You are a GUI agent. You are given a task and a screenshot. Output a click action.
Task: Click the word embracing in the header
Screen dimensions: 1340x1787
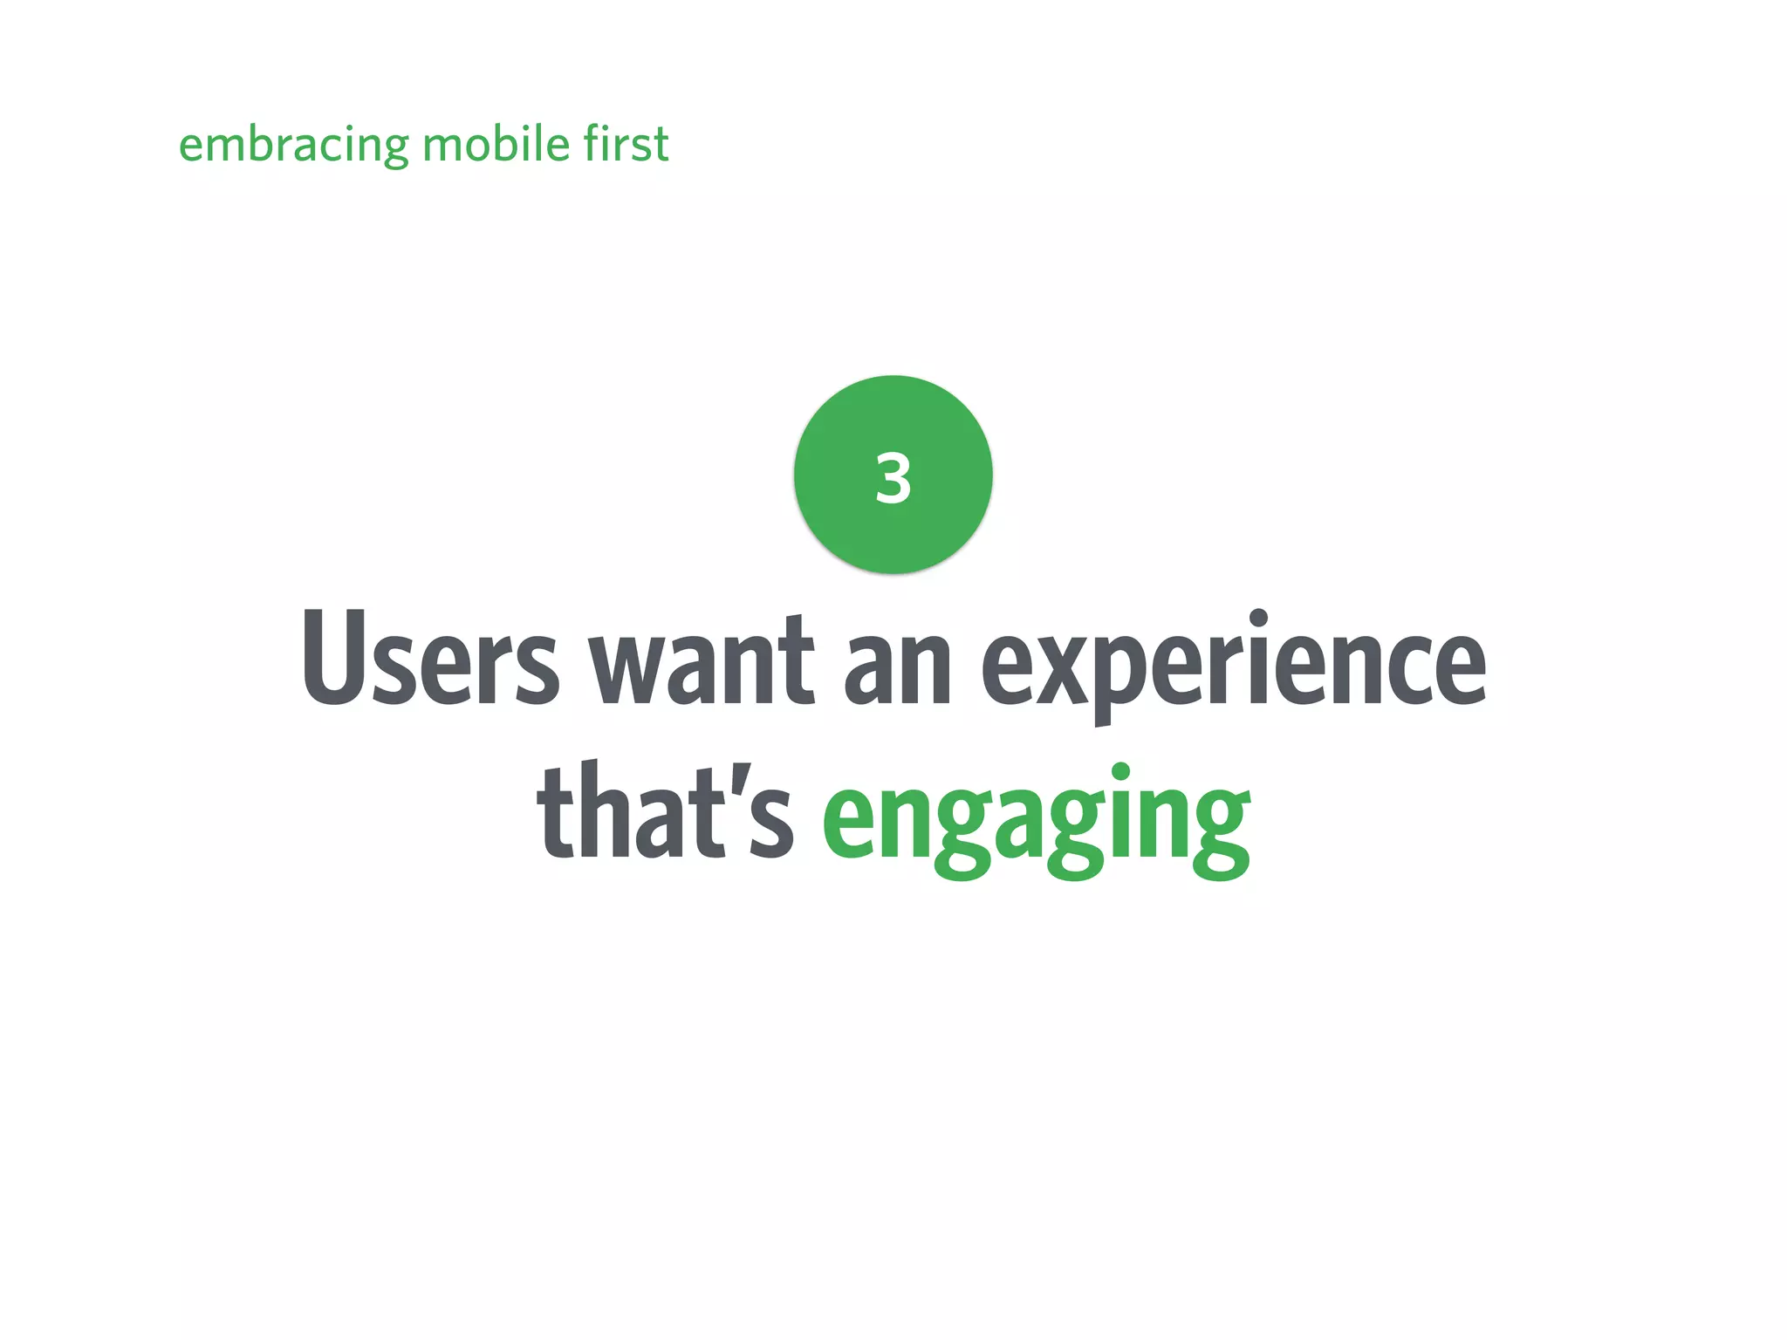293,145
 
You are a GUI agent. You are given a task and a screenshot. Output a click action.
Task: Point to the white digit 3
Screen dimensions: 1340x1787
893,478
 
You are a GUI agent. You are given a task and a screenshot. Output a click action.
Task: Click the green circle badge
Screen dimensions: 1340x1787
893,523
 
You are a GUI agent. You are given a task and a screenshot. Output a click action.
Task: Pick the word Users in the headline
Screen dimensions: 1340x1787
430,658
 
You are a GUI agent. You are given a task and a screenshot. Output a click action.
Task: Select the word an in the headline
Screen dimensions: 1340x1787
898,668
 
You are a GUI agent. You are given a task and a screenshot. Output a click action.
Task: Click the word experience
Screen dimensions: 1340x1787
1234,667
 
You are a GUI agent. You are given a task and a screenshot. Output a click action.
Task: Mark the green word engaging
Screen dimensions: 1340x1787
1036,820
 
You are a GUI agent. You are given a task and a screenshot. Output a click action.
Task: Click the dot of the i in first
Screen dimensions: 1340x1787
607,126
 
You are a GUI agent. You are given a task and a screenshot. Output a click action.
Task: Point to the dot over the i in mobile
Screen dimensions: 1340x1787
533,126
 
